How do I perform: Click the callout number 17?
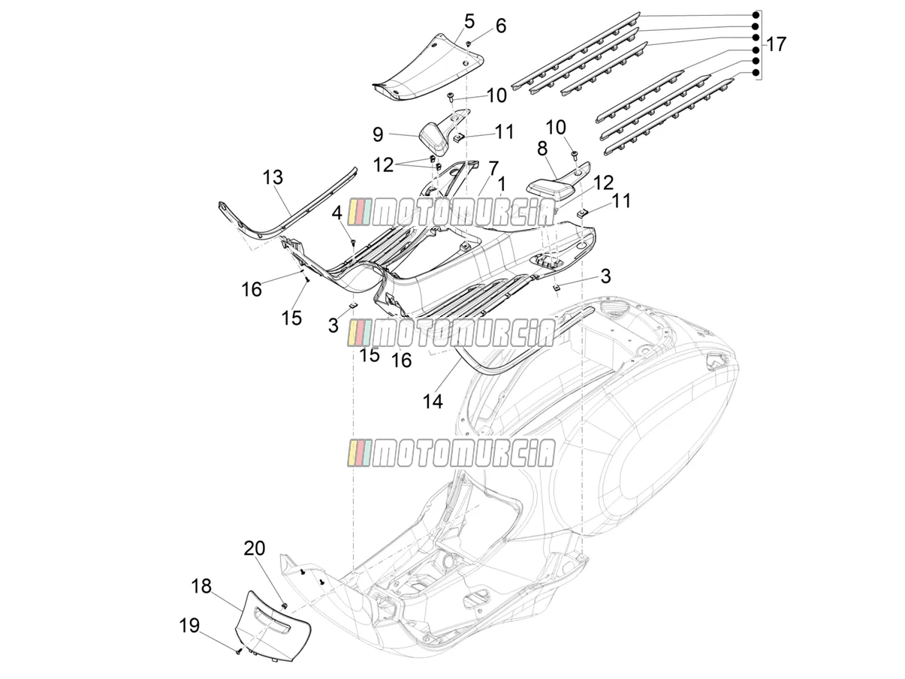(x=776, y=44)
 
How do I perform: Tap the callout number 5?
(x=469, y=21)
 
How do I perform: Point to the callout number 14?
(x=433, y=401)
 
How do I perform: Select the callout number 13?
(x=273, y=177)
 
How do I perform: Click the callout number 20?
(x=255, y=548)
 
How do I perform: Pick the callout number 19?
(x=189, y=626)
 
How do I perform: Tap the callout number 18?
(x=201, y=586)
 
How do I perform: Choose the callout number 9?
(x=378, y=134)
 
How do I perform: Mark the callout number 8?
(x=542, y=149)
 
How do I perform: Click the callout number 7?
(x=493, y=168)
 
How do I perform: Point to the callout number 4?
(x=337, y=213)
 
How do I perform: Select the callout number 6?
(x=500, y=26)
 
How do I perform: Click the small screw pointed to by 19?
(x=238, y=651)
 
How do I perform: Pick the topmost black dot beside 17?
(x=756, y=15)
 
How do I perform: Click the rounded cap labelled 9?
(x=434, y=138)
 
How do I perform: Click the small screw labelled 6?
(x=469, y=43)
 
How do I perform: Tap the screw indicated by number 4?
(x=353, y=242)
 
